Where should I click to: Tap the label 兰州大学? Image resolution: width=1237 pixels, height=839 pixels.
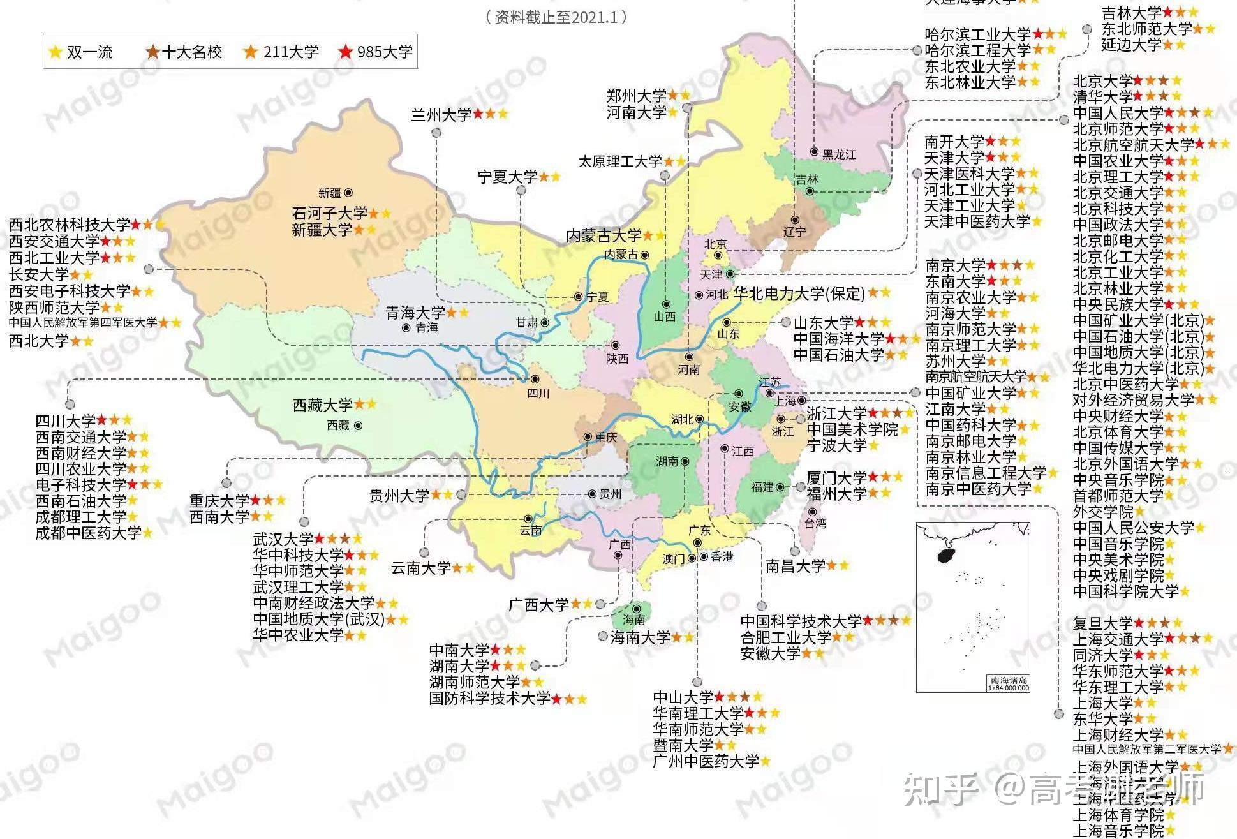click(x=441, y=115)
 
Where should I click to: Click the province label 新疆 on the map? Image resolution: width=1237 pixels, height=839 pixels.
click(x=330, y=193)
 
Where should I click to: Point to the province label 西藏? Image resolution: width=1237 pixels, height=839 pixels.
click(x=338, y=425)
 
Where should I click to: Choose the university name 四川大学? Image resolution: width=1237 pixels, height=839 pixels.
click(x=66, y=421)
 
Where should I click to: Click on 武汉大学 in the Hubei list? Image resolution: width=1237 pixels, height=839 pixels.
click(x=283, y=539)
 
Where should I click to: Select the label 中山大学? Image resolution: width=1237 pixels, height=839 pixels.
click(x=683, y=697)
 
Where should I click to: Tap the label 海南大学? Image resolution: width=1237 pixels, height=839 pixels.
click(x=640, y=637)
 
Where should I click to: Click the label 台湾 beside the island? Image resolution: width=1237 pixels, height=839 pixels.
click(x=815, y=523)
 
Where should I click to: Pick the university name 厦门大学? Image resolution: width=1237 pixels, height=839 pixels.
click(x=836, y=478)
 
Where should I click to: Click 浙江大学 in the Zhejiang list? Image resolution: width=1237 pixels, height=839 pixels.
click(x=836, y=413)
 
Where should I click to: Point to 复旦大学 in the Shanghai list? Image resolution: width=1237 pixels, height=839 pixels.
click(x=1102, y=623)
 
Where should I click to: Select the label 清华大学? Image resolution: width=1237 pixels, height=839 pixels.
click(x=1102, y=97)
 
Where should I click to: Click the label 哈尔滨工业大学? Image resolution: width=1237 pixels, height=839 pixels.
click(x=977, y=34)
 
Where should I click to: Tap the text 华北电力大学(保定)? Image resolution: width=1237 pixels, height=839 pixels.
click(x=799, y=293)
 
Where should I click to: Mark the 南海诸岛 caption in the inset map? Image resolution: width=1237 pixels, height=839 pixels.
click(x=1008, y=681)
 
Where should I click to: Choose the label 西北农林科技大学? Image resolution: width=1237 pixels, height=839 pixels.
click(x=70, y=225)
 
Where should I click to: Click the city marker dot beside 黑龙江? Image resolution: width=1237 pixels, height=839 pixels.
click(x=814, y=152)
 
